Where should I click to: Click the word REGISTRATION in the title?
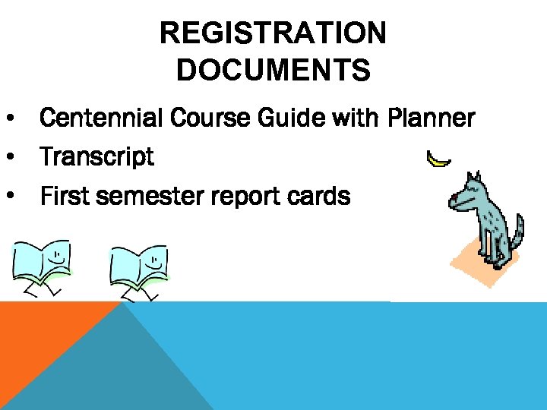(273, 33)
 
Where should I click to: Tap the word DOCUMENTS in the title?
(273, 70)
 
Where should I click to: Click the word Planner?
(431, 118)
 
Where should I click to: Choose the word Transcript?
(96, 158)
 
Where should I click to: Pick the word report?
(254, 197)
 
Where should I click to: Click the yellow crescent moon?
(438, 159)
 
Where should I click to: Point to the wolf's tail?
(517, 232)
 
